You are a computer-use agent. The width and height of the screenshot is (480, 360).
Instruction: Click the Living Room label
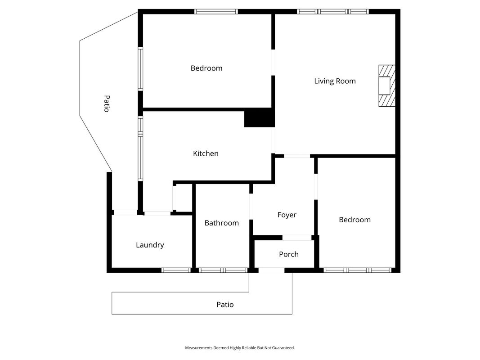pos(335,81)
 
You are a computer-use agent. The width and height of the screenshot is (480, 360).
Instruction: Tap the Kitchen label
pos(206,153)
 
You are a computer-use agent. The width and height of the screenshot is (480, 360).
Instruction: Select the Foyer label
pos(287,215)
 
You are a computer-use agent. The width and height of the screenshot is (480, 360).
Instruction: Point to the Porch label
pos(289,254)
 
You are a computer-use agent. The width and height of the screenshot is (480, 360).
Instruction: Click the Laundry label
pos(150,245)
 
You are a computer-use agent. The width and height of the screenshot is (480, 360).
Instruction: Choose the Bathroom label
pos(222,223)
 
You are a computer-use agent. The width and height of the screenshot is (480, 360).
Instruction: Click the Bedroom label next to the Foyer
pos(355,220)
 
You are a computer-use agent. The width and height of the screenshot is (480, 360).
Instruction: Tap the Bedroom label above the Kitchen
pos(206,68)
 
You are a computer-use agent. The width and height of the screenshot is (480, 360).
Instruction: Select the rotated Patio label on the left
pos(107,104)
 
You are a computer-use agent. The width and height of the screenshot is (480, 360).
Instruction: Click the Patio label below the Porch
pos(225,305)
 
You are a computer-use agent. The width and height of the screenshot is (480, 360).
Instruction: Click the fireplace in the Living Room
pos(387,85)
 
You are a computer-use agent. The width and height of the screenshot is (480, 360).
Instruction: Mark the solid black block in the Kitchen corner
pos(259,119)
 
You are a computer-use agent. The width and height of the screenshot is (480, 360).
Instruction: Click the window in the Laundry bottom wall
pos(176,270)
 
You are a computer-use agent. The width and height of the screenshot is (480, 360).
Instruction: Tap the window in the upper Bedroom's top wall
pos(216,12)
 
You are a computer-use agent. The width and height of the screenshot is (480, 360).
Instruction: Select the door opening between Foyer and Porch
pos(297,238)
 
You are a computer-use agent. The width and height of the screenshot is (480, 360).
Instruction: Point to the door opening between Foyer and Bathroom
pos(251,207)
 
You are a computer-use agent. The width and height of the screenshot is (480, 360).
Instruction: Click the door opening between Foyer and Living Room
pos(297,156)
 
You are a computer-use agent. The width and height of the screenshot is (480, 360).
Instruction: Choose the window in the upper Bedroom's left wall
pos(140,68)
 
